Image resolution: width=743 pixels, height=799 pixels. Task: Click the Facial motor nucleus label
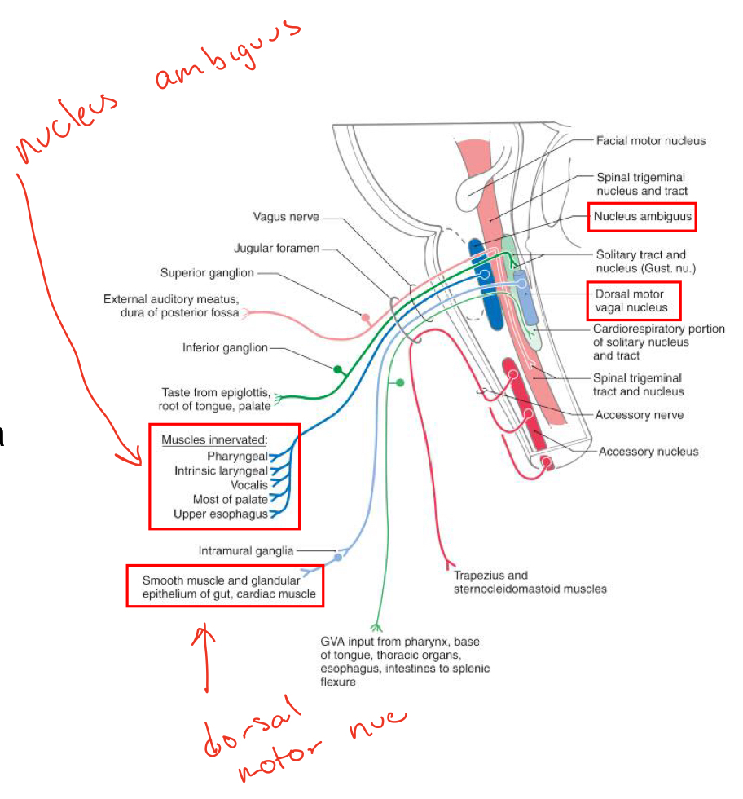[651, 141]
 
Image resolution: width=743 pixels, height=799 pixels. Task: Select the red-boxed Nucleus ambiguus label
[644, 217]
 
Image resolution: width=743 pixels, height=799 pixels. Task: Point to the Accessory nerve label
[640, 415]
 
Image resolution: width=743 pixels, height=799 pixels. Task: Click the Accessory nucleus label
[648, 451]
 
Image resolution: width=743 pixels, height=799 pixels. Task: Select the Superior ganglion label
[207, 273]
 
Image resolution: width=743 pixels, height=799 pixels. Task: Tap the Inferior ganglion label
[224, 348]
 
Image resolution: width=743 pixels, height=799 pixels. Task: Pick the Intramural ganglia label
[245, 551]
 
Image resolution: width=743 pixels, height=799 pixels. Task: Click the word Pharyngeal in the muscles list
[237, 455]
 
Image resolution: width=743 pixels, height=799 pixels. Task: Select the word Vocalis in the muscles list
[248, 485]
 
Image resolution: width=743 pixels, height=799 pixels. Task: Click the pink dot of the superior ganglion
[366, 316]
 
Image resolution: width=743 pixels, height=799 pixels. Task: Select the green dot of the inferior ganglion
[337, 369]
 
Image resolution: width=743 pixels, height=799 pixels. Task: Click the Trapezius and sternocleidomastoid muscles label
[530, 582]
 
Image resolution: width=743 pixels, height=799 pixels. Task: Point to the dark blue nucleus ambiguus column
[492, 290]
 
